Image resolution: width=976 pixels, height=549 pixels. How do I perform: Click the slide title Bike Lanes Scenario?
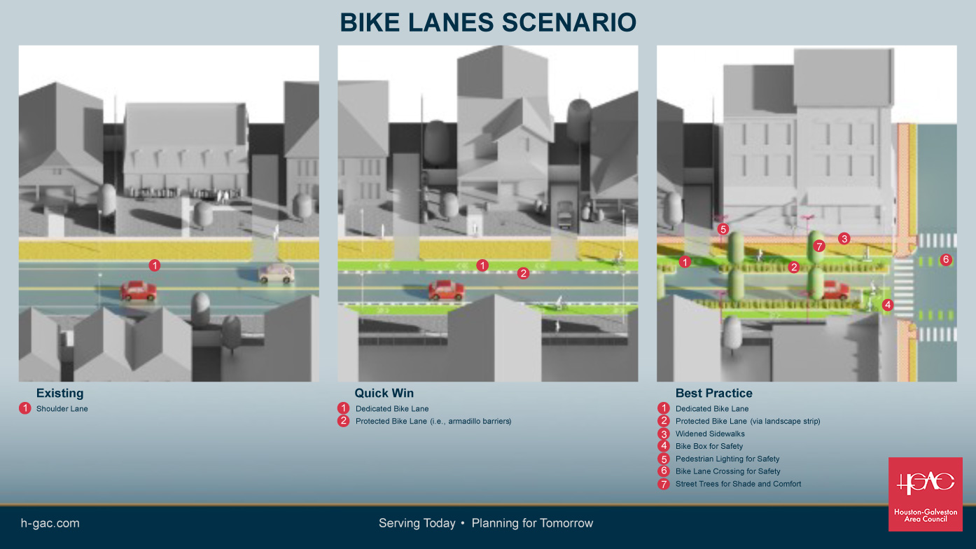click(488, 22)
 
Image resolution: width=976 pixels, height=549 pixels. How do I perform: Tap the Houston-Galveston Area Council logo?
click(925, 494)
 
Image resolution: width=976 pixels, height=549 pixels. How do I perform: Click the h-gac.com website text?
click(50, 523)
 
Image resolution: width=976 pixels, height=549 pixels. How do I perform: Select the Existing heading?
click(60, 394)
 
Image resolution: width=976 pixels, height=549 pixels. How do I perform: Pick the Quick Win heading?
click(384, 394)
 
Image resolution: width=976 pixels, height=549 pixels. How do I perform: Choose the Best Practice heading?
click(713, 394)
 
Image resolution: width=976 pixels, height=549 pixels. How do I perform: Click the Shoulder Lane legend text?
click(62, 409)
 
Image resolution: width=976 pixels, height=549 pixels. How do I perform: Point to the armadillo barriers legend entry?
click(433, 422)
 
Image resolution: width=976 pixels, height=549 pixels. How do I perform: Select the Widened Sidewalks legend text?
click(710, 434)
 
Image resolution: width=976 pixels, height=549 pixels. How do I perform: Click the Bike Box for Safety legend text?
click(709, 447)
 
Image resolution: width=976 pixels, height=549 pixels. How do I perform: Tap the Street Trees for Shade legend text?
click(738, 484)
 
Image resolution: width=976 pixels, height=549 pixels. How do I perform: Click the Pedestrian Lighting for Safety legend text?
click(727, 459)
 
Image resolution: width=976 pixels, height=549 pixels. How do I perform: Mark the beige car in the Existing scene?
click(276, 274)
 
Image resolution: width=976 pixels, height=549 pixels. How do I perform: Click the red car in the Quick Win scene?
click(446, 289)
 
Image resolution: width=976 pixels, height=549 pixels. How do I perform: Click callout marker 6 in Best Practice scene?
click(946, 260)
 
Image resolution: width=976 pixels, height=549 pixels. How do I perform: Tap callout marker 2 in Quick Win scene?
click(523, 273)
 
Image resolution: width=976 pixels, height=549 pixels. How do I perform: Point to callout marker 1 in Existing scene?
click(155, 265)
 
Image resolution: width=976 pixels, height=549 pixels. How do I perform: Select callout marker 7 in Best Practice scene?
click(820, 246)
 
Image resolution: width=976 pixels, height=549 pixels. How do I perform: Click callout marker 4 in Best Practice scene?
click(888, 305)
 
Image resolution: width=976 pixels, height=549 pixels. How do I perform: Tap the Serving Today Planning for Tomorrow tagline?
click(486, 523)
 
